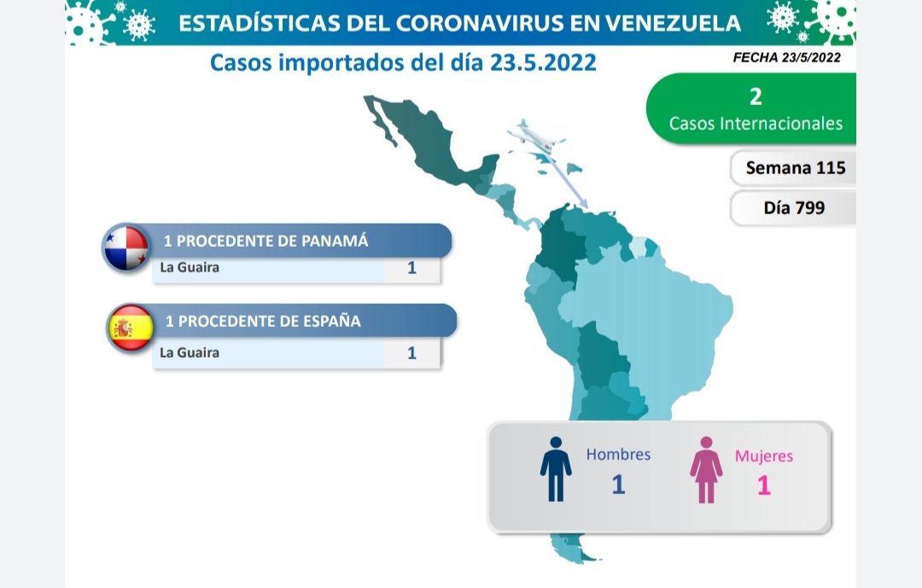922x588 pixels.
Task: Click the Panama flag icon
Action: pos(125,247)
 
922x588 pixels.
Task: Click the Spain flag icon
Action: pos(131,328)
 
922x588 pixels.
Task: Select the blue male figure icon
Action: pos(556,469)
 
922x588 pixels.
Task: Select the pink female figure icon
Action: pos(706,470)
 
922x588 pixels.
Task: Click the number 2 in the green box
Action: pos(756,96)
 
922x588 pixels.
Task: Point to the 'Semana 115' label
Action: pos(796,168)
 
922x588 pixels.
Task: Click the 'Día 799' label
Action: pos(794,207)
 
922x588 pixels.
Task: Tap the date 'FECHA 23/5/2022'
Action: pos(787,58)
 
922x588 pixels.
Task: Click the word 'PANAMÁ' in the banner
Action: pos(335,241)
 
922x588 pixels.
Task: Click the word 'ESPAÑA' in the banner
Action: pos(331,321)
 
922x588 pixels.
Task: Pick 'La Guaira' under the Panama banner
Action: pos(190,267)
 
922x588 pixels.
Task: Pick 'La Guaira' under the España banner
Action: pos(190,352)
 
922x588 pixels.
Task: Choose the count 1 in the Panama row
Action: pos(411,268)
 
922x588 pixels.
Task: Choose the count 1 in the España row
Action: pos(411,352)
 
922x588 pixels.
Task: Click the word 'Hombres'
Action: pos(618,455)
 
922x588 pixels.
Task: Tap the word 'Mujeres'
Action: pos(764,457)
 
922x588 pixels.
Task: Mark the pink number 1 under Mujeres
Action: pos(764,486)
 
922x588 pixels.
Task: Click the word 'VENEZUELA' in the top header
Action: pos(673,23)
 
